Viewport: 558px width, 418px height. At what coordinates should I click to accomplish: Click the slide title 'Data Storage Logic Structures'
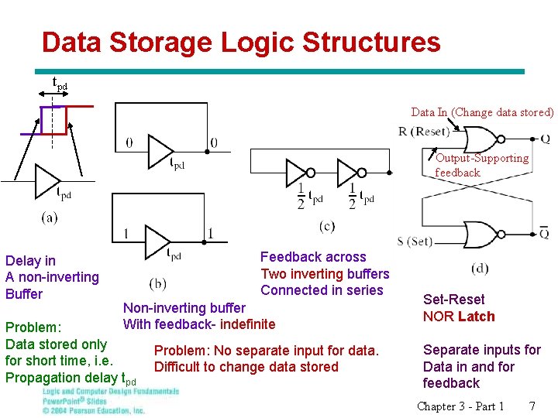[x=241, y=42]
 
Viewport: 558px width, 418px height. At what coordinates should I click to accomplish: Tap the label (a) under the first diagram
[x=50, y=218]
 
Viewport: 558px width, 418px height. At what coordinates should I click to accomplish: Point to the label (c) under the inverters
[x=326, y=226]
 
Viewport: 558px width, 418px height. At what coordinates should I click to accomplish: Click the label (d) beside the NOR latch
[x=480, y=269]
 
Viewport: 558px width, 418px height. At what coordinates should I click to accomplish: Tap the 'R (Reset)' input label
[x=423, y=131]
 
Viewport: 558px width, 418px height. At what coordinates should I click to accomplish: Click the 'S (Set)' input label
[x=415, y=242]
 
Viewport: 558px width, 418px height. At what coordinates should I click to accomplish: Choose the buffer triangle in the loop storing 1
[x=158, y=242]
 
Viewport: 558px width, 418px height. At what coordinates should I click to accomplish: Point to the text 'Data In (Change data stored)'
[x=482, y=112]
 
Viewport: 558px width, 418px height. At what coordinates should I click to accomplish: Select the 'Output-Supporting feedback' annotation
[x=481, y=165]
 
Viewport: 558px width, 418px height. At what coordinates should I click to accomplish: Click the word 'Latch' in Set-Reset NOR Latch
[x=476, y=316]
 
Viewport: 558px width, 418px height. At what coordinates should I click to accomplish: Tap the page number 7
[x=532, y=406]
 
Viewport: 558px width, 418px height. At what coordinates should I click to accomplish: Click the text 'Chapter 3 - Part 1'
[x=460, y=406]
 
